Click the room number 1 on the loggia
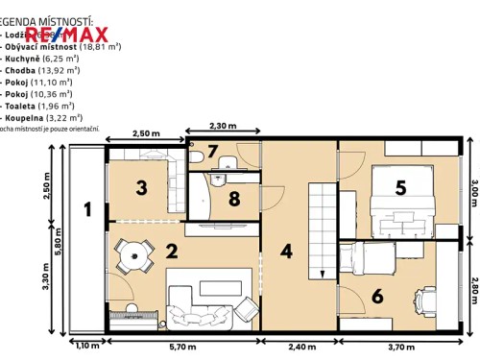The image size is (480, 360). [87, 208]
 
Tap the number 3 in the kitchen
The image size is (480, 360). [140, 187]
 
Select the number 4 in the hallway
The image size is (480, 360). [285, 253]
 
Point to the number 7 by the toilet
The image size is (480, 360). [214, 152]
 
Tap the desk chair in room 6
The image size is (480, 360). [420, 298]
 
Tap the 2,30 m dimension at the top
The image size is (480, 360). [222, 126]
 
